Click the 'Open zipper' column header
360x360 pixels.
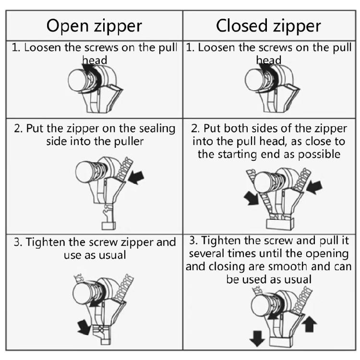tap(94, 26)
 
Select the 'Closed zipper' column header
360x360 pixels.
tap(268, 26)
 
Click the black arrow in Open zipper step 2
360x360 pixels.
tap(137, 177)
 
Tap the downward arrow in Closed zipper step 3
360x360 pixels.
tap(257, 338)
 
